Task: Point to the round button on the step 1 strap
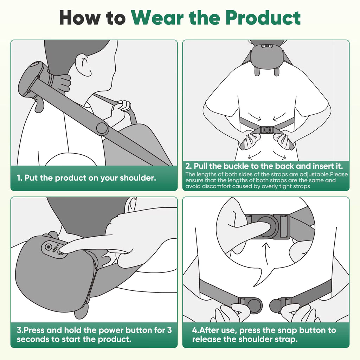tap(102, 128)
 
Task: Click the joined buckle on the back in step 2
tap(266, 130)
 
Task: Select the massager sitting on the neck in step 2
tap(266, 56)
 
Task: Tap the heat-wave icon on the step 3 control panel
tap(49, 247)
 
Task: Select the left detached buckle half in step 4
tap(251, 304)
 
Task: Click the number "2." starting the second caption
tap(188, 166)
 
